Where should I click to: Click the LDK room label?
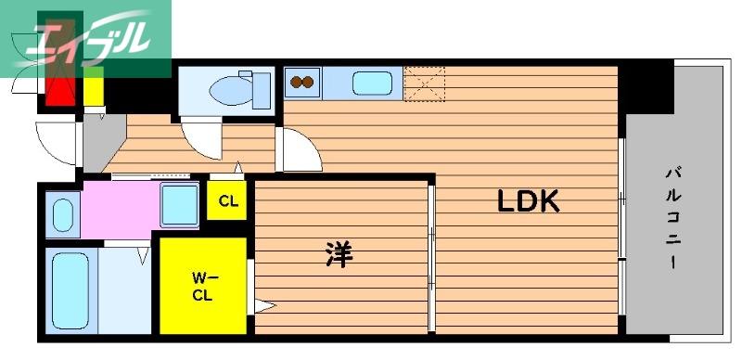528,200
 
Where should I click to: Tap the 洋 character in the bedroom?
339,254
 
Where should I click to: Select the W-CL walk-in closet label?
204,286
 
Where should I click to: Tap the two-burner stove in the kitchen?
302,82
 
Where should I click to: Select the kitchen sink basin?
371,84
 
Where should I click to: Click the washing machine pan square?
179,204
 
